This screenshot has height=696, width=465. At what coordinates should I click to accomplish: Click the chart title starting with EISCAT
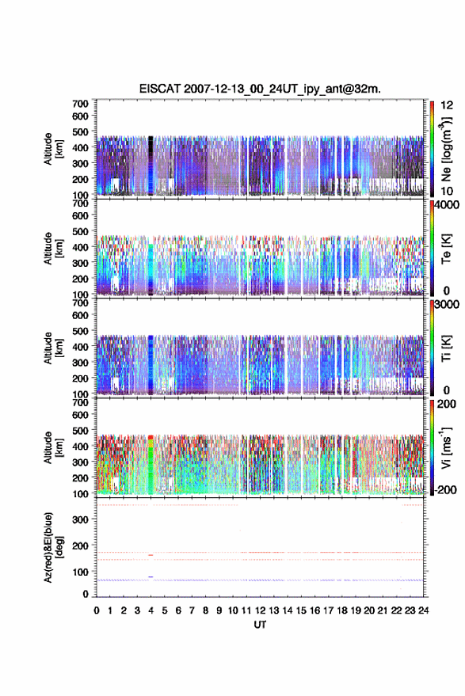pyautogui.click(x=260, y=89)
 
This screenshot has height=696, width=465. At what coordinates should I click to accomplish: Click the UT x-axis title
pyautogui.click(x=261, y=625)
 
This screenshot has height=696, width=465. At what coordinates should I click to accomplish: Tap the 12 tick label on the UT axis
pyautogui.click(x=261, y=610)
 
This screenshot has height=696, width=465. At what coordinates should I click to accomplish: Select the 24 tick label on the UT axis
pyautogui.click(x=423, y=610)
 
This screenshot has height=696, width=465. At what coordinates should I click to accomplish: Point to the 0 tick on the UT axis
pyautogui.click(x=97, y=610)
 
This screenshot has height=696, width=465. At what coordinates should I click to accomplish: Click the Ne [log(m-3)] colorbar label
pyautogui.click(x=446, y=149)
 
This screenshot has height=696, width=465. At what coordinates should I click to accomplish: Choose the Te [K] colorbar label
pyautogui.click(x=446, y=249)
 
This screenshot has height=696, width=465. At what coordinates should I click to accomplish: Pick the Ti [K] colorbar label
pyautogui.click(x=446, y=348)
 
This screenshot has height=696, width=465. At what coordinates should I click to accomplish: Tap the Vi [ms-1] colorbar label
pyautogui.click(x=446, y=447)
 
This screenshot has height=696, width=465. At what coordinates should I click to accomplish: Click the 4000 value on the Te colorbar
pyautogui.click(x=447, y=204)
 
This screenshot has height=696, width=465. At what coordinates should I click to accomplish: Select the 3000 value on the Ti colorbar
pyautogui.click(x=447, y=305)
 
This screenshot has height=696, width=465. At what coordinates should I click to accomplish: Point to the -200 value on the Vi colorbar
pyautogui.click(x=445, y=489)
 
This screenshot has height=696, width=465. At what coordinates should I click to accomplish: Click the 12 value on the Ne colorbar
pyautogui.click(x=447, y=105)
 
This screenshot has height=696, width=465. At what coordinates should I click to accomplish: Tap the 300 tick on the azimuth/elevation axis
pyautogui.click(x=80, y=519)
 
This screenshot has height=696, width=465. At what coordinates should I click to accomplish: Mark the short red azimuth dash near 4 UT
pyautogui.click(x=151, y=555)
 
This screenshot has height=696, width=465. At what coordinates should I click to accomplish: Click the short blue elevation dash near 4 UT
pyautogui.click(x=151, y=576)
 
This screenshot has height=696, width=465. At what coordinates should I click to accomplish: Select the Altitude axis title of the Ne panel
pyautogui.click(x=53, y=149)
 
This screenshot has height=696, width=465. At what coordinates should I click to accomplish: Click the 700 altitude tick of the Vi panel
pyautogui.click(x=80, y=403)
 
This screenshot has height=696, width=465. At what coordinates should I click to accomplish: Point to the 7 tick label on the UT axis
pyautogui.click(x=192, y=610)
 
